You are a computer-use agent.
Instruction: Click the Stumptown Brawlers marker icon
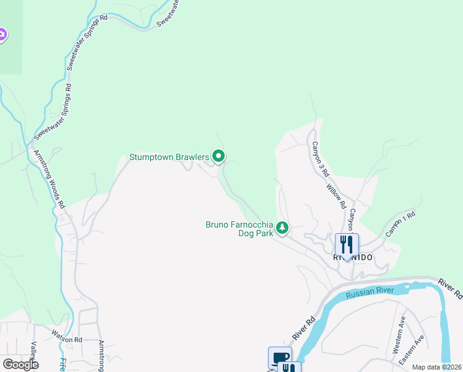point(218,156)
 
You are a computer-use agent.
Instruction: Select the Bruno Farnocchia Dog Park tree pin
point(282,228)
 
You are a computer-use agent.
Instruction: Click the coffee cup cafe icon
point(280,358)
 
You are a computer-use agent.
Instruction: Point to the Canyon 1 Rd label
point(400,224)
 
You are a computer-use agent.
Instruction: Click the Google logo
point(20,364)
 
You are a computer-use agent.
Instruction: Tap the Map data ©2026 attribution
point(437,367)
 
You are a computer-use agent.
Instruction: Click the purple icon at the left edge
point(2,35)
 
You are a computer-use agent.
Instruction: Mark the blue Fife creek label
point(62,365)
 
